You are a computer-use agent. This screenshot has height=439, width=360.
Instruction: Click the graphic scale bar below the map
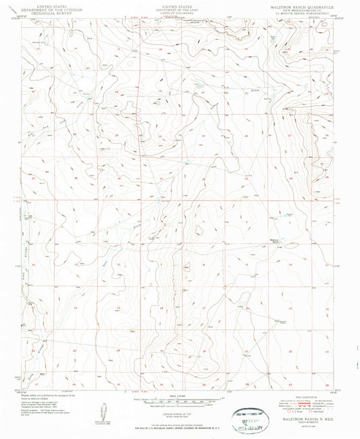click(177, 398)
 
